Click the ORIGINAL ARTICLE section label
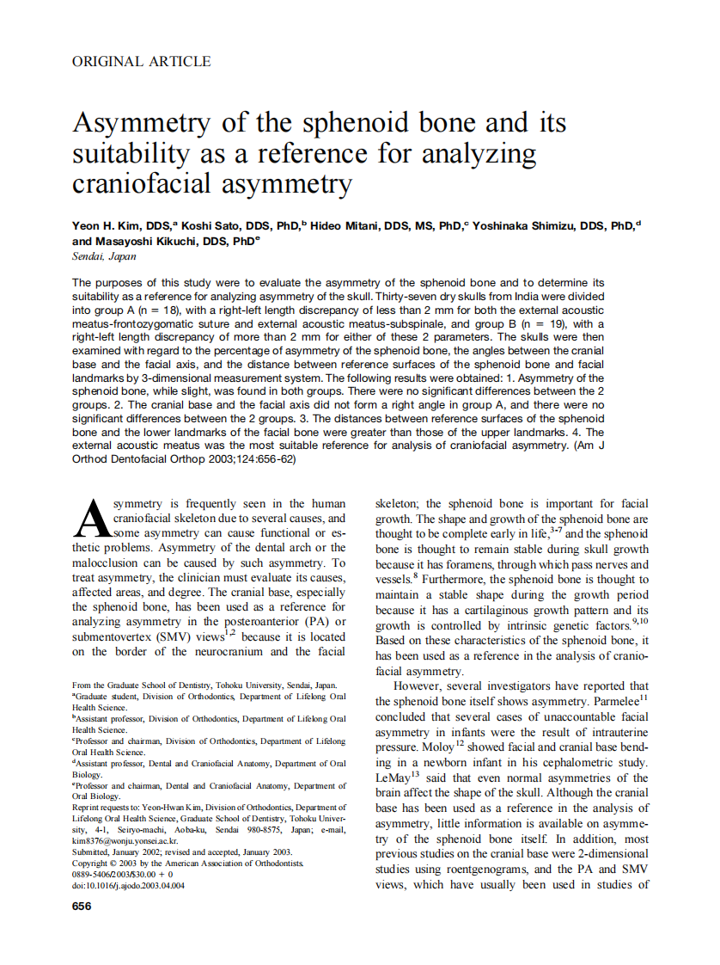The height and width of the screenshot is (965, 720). click(141, 61)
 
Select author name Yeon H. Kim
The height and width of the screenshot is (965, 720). click(108, 226)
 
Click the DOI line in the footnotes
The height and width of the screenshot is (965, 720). click(128, 885)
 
